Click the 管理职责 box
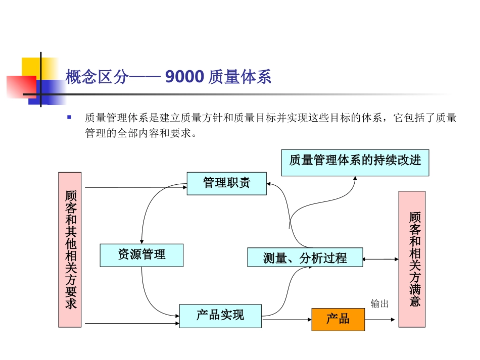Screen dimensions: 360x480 (x=226, y=183)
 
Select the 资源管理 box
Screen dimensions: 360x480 (x=141, y=255)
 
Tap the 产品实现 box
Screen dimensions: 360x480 (x=220, y=316)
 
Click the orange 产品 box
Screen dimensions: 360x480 (x=338, y=319)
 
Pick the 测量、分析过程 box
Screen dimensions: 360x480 (x=305, y=258)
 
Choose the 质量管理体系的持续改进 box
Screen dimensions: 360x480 (x=355, y=163)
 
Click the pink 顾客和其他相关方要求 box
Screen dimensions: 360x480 (x=70, y=249)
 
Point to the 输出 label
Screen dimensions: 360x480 (x=379, y=303)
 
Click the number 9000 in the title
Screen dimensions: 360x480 (x=184, y=77)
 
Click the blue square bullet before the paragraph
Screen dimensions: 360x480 (x=69, y=117)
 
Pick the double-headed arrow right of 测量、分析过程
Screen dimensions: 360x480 (x=380, y=259)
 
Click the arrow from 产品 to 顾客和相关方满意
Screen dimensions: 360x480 (x=380, y=319)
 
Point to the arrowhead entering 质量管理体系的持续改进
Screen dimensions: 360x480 (x=355, y=178)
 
